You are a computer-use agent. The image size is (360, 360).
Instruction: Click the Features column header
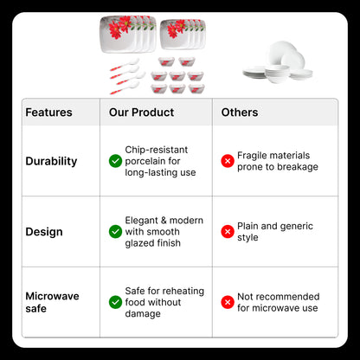48,112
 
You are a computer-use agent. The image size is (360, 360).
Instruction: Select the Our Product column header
141,112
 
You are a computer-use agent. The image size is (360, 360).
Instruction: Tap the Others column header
240,112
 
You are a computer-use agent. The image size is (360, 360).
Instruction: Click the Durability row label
51,161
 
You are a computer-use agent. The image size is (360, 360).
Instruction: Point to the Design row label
44,232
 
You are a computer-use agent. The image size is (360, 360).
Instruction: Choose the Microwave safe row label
52,302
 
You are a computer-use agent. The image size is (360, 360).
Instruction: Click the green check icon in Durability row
115,161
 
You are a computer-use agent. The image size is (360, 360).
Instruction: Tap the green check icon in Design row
115,232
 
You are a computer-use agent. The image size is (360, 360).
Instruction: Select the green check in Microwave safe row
115,302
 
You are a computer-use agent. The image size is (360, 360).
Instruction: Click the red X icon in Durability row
228,161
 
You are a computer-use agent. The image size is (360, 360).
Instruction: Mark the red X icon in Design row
228,232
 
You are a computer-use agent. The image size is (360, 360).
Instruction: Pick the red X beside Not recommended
228,302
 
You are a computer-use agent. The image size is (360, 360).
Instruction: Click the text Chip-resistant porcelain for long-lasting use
160,161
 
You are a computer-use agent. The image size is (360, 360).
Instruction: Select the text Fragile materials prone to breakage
278,161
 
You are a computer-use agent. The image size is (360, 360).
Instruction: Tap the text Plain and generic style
275,232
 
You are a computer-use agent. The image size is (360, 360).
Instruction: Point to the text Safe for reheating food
164,297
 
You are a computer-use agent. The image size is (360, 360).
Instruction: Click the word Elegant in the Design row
142,221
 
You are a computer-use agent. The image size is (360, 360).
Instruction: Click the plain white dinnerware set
278,62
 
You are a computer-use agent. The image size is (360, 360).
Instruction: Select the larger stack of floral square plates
128,34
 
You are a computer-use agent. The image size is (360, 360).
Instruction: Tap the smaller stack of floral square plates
183,34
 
